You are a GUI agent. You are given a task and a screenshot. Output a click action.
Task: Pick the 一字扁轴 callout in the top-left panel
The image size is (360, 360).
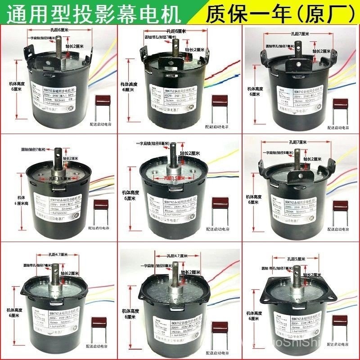[x=45, y=39]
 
